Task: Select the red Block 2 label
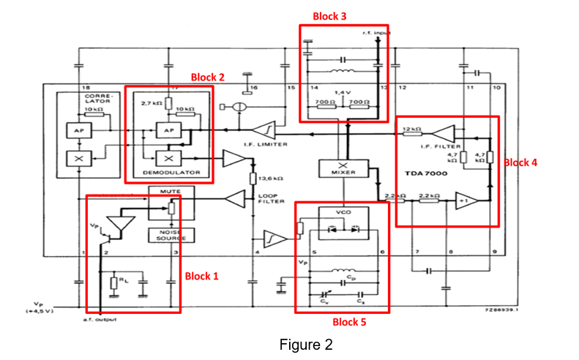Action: (x=207, y=77)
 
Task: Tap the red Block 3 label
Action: (x=329, y=16)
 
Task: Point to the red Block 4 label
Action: (x=520, y=162)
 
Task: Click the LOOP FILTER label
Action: (x=266, y=198)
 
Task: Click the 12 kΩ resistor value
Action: (x=412, y=130)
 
